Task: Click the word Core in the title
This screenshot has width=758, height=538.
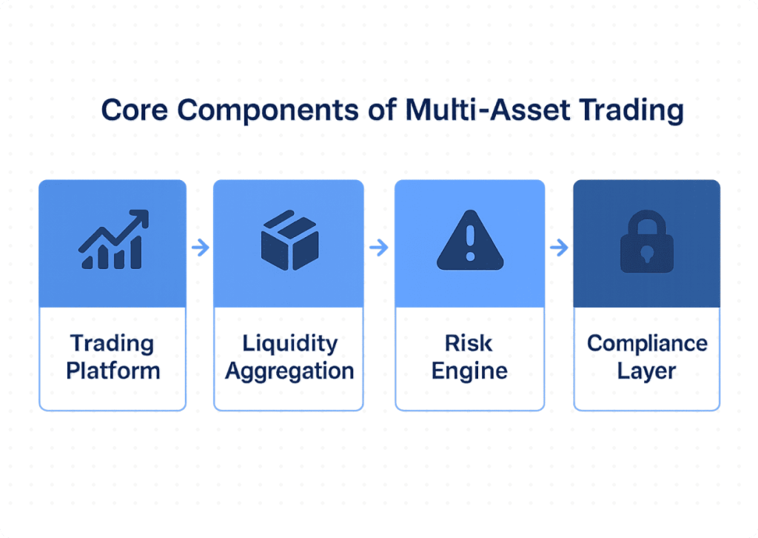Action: click(x=135, y=110)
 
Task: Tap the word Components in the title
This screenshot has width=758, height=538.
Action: click(x=268, y=111)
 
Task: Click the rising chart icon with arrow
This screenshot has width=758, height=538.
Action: click(x=113, y=239)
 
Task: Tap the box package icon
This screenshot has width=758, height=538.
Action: click(x=289, y=240)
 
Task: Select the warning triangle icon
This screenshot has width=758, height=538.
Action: click(x=470, y=240)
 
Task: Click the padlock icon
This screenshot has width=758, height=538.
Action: click(x=647, y=241)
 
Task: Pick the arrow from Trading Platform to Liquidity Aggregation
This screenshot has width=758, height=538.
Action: click(x=200, y=248)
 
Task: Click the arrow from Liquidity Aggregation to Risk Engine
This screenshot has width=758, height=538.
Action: click(x=378, y=248)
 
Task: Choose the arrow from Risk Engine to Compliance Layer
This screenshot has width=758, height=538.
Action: click(x=559, y=248)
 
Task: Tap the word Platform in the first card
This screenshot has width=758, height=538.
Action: click(x=113, y=371)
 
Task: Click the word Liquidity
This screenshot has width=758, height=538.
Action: click(x=290, y=344)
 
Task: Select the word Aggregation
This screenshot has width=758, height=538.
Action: click(x=289, y=372)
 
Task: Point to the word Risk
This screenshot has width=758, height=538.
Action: click(x=469, y=344)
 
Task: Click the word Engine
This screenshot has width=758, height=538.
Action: click(x=469, y=372)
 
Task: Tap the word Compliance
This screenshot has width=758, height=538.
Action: click(x=647, y=344)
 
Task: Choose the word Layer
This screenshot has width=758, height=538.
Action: click(x=646, y=372)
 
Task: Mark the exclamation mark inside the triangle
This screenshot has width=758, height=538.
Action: click(x=470, y=244)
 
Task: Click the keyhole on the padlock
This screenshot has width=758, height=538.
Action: click(x=647, y=254)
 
